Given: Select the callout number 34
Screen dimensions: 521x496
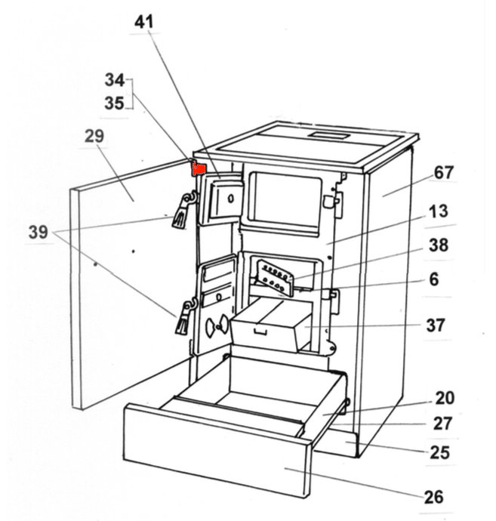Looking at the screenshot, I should point(114,79).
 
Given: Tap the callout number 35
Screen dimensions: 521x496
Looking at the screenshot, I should point(114,103).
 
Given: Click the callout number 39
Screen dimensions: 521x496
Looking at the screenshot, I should point(39,233).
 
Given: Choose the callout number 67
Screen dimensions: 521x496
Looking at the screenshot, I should point(443,173).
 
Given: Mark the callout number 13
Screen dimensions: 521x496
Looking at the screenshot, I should point(438,212).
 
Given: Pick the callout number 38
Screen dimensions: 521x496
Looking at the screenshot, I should point(438,245).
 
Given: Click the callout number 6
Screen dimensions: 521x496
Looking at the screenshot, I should point(433,279).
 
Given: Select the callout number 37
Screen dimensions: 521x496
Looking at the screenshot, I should point(436,325).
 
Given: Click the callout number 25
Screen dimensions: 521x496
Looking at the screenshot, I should point(439,452).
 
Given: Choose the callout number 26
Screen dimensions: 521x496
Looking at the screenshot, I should point(433,497).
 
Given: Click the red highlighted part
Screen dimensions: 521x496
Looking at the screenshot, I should point(199,169).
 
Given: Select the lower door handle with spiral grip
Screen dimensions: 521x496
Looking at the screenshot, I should point(183,318).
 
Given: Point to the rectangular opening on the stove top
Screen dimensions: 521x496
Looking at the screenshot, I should point(333,136).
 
